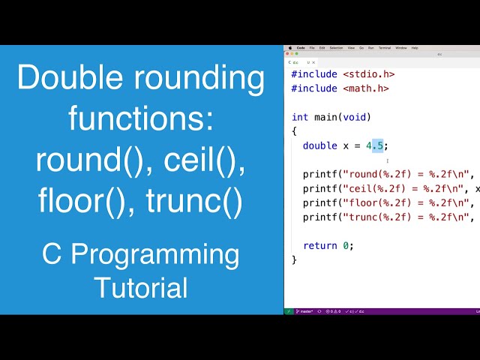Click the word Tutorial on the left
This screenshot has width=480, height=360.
[141, 286]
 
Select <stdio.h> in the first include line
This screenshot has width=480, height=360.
[368, 74]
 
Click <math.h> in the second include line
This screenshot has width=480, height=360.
[366, 88]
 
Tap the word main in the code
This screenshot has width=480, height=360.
[325, 117]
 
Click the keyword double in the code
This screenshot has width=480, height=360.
[320, 145]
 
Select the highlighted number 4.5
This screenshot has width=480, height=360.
[375, 145]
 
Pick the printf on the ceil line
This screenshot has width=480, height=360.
[320, 188]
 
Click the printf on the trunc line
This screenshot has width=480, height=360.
[320, 217]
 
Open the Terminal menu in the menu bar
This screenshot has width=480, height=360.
[385, 47]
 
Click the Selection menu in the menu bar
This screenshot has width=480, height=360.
[337, 47]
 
